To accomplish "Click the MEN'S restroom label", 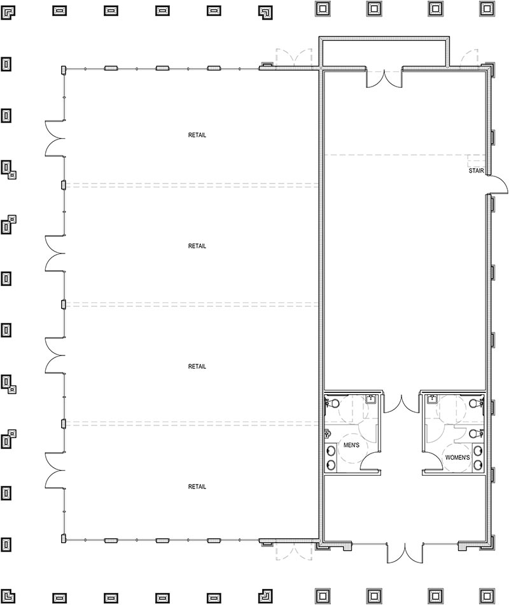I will click(351, 445).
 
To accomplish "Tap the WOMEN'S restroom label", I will click(457, 457).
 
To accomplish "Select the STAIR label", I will click(477, 171).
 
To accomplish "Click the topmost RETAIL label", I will click(197, 135).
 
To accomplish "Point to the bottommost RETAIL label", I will click(197, 487).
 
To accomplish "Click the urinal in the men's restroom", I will click(327, 433).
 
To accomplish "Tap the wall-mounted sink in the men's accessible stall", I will click(371, 399).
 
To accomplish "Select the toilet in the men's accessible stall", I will click(333, 403).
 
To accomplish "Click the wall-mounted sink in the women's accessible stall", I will click(431, 399).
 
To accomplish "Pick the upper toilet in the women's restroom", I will click(474, 403).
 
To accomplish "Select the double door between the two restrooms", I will click(401, 404).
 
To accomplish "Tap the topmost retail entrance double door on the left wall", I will click(54, 138).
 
